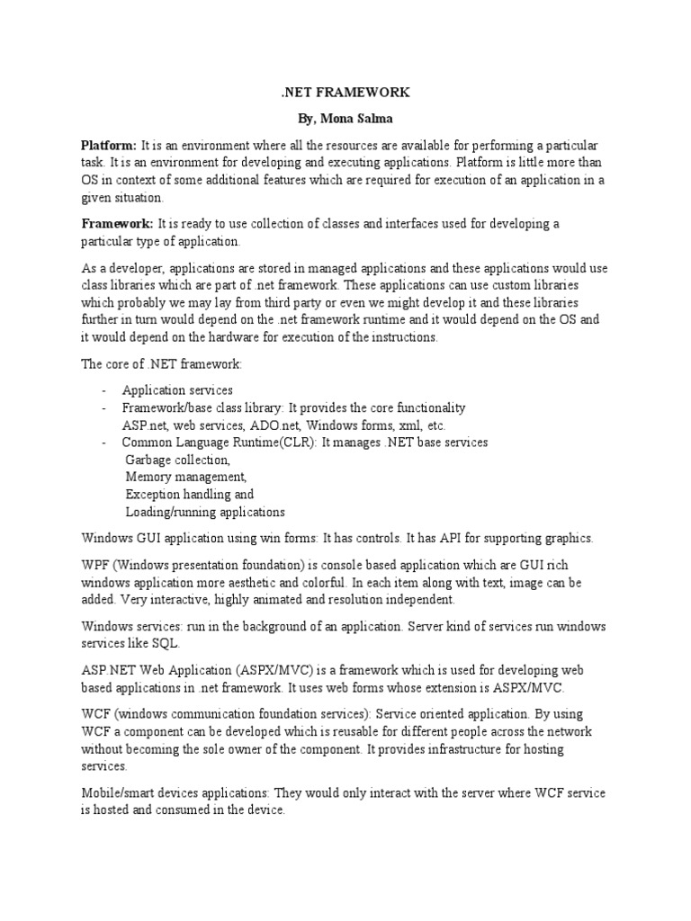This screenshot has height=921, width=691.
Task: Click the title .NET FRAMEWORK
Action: (x=345, y=93)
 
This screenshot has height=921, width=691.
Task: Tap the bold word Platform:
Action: (x=109, y=146)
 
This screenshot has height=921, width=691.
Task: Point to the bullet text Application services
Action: (x=178, y=391)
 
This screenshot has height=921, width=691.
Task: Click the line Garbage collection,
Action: (x=178, y=460)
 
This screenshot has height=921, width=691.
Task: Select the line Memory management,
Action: (x=185, y=477)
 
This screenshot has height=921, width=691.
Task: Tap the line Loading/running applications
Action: (x=205, y=512)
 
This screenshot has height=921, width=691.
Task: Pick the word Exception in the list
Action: (x=153, y=495)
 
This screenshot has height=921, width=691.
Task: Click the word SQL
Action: (x=167, y=643)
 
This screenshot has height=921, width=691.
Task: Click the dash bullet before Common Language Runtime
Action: (x=105, y=443)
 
